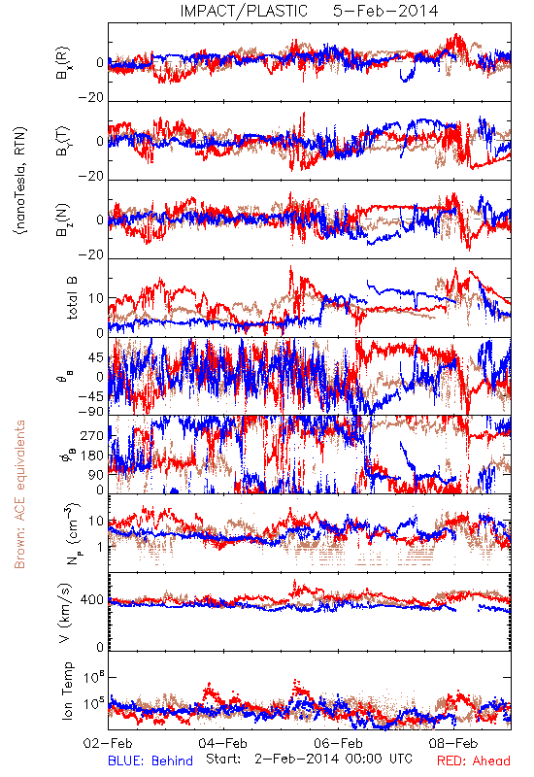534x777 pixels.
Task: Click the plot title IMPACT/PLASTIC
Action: coord(244,11)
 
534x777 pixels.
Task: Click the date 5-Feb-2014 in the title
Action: coord(385,11)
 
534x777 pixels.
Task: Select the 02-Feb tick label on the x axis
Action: coord(108,743)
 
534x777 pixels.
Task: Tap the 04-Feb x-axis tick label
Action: coord(223,743)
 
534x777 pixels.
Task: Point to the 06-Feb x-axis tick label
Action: coord(338,743)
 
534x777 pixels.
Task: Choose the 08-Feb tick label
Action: coord(453,743)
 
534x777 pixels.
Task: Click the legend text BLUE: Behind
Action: coord(150,760)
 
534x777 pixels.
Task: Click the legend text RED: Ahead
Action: coord(474,760)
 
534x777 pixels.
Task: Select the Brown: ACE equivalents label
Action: coord(19,494)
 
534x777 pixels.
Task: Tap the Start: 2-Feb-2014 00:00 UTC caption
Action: coord(309,759)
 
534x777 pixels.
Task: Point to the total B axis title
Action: coord(71,297)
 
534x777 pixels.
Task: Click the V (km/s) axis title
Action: coord(65,613)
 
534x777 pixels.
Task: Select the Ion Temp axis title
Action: coord(67,691)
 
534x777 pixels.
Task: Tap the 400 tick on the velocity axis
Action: coord(92,600)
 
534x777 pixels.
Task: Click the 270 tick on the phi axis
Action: coord(92,435)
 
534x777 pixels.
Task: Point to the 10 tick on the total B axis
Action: coord(96,298)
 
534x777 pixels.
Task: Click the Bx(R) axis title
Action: coord(63,63)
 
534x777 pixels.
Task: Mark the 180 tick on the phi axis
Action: coord(92,456)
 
